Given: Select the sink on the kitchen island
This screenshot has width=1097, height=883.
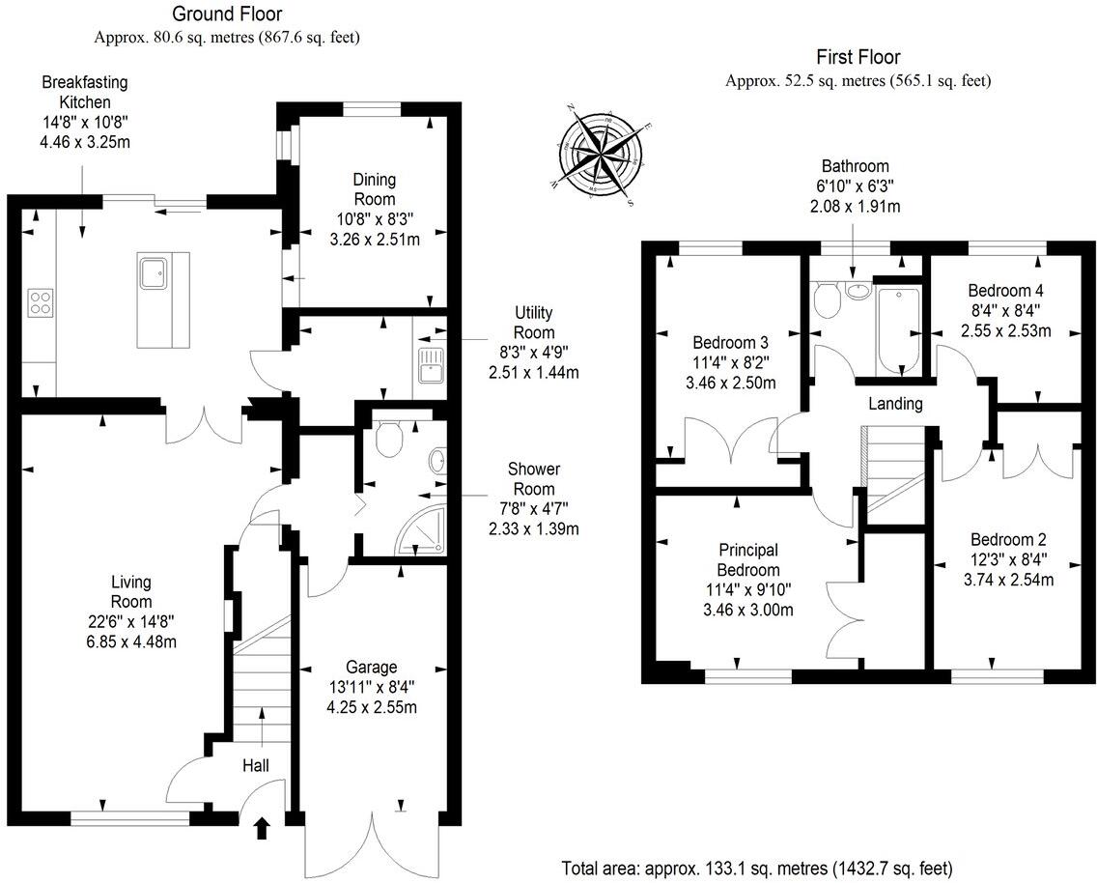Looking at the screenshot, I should coord(154,272).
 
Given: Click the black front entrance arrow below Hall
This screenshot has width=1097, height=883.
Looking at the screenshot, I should coord(262,827).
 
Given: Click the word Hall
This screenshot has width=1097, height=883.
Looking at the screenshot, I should coord(256,765).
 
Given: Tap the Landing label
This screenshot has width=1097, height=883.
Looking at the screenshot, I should coord(895,404).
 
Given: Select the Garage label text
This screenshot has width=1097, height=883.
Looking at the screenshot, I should coord(372,668).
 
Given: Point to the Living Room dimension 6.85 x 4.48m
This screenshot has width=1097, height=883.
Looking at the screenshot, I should coord(130,641).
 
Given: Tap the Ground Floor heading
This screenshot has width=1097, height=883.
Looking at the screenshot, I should coord(227,14).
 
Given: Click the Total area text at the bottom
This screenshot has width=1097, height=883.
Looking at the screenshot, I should coord(757,866).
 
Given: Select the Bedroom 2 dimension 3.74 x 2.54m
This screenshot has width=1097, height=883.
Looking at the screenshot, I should coord(1007,580).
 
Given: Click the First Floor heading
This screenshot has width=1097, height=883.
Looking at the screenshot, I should coord(858,58).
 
